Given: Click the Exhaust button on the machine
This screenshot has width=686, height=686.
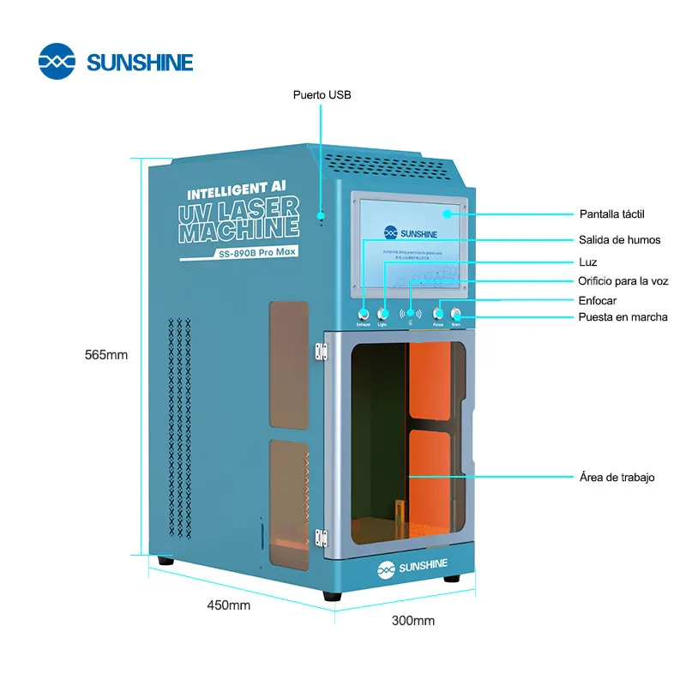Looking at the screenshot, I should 364,314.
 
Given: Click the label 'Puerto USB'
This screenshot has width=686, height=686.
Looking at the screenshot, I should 322,95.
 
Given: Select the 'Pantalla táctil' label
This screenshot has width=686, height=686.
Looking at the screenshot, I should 611,214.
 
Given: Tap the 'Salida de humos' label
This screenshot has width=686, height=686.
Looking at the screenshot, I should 619,240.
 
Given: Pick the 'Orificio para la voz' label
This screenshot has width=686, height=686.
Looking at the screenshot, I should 623,281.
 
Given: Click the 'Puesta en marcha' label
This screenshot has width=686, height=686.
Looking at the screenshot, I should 623,317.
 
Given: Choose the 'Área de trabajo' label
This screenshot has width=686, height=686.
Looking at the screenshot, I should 617,477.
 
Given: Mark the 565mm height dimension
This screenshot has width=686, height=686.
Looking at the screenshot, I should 106,355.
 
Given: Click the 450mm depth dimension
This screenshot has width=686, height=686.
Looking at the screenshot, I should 228,605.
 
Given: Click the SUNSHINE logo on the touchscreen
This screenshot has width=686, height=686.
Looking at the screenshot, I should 410,232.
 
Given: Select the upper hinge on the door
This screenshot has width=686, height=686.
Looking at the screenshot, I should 322,351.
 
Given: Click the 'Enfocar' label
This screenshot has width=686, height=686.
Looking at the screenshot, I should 598,300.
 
